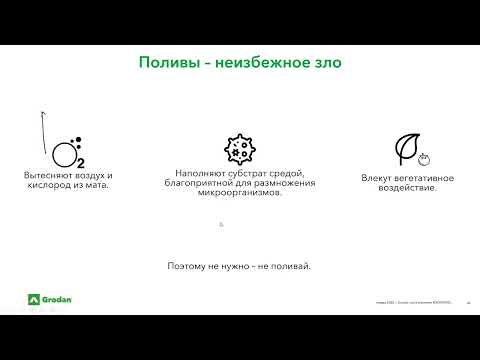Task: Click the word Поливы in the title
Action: (x=163, y=63)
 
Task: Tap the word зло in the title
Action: (x=327, y=63)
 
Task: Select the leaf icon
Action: (x=407, y=149)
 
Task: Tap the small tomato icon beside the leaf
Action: (x=424, y=157)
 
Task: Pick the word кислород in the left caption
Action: (x=47, y=186)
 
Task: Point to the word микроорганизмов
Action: (x=240, y=194)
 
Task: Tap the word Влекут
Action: (x=377, y=178)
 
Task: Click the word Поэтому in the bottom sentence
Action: (x=187, y=266)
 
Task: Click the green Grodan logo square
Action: (x=33, y=299)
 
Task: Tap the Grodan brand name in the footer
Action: (x=58, y=299)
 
